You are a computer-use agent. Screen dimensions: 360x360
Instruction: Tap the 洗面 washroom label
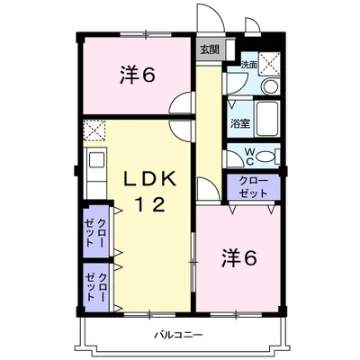coord(248,65)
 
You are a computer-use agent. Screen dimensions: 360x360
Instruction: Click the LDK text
coord(151,177)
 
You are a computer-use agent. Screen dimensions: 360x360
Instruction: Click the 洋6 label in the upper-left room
coord(138,76)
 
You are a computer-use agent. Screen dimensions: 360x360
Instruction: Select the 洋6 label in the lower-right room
coord(238,257)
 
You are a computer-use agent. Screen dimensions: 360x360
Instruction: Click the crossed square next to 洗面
coord(270,62)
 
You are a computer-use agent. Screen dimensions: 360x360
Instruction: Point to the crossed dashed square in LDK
coord(94,130)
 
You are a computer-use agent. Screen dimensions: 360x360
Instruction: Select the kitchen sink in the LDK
coord(94,163)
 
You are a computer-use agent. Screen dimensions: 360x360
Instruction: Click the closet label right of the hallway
coord(254,186)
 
